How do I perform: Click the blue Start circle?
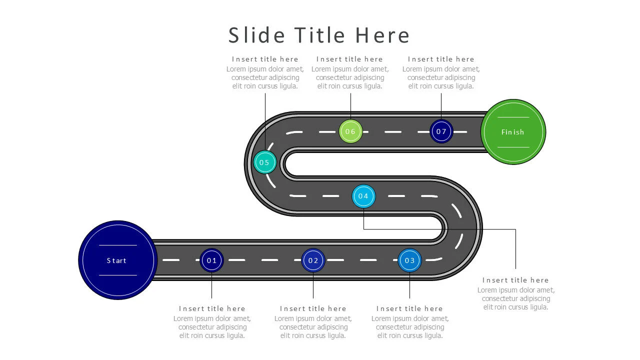tap(118, 260)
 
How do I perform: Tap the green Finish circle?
tap(513, 132)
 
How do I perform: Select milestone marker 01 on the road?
tap(211, 260)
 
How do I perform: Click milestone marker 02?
tap(313, 260)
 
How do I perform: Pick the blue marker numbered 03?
tap(409, 260)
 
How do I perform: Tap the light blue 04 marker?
tap(363, 196)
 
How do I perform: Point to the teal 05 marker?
tap(264, 162)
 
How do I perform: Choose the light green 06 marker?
tap(350, 131)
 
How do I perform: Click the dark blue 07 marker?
tap(441, 131)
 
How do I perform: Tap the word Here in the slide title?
tap(382, 35)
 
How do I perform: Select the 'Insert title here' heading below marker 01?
tap(212, 308)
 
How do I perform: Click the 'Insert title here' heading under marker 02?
tap(313, 308)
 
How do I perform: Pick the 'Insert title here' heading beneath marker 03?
tap(409, 308)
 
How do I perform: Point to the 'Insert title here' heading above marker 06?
tap(349, 59)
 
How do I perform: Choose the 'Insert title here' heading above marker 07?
tap(441, 59)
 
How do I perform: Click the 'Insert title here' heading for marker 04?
tap(515, 280)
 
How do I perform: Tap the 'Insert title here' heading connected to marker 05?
tap(265, 59)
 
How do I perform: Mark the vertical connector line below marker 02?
tap(313, 286)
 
